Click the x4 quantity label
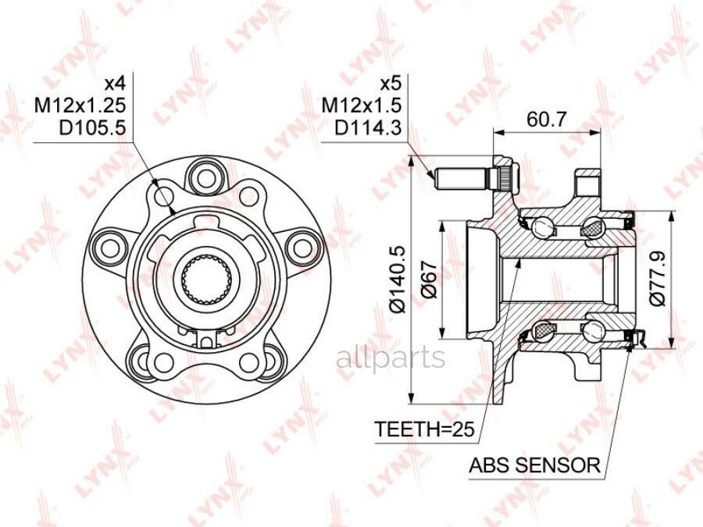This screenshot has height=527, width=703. tap(116, 84)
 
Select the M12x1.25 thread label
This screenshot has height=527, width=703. tap(80, 105)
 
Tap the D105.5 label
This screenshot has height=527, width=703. tap(93, 128)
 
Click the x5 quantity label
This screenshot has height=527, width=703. tap(390, 84)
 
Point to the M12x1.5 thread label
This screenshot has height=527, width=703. tap(362, 105)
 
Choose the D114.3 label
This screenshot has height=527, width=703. tap(368, 128)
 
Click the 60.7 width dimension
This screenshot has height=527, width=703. tap(547, 119)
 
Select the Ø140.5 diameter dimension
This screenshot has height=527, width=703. tap(398, 280)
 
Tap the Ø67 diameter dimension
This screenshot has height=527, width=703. tap(430, 280)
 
